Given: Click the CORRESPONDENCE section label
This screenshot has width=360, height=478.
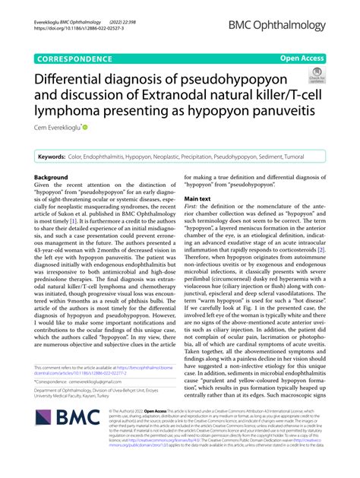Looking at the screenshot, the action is pos(79,57).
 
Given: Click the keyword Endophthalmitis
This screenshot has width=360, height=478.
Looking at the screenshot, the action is pos(119,156).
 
